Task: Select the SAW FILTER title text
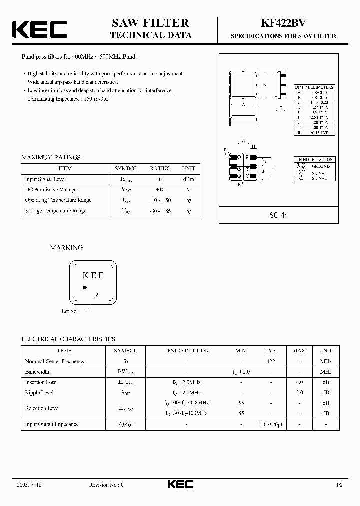point(150,23)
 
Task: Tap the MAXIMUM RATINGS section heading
point(51,157)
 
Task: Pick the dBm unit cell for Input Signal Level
point(188,179)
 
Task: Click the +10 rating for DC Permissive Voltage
point(160,190)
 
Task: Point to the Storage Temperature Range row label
point(56,211)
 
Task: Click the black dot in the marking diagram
point(85,288)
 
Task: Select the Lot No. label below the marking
point(70,311)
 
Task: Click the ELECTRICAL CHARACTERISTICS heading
point(68,339)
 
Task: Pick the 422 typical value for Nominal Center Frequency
point(271,361)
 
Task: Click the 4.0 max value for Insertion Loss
point(299,382)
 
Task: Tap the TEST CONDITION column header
point(186,351)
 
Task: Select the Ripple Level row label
point(40,393)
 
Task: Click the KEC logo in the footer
point(179,484)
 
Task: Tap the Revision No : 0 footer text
point(106,485)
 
